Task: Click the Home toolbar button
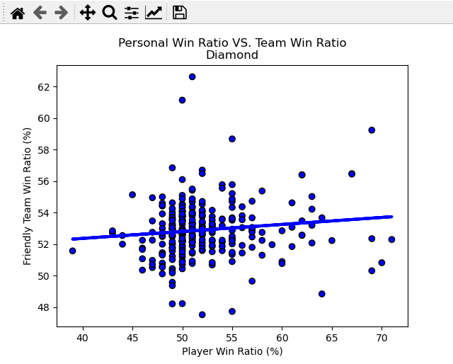click(18, 12)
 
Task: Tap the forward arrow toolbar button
click(62, 12)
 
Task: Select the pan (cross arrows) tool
click(87, 12)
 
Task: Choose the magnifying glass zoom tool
click(109, 12)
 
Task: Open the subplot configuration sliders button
click(132, 12)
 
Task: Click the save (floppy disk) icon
click(180, 12)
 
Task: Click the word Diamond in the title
click(232, 55)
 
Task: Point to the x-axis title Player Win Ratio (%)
click(232, 351)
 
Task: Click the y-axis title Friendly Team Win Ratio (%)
click(28, 196)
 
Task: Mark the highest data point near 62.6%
click(192, 76)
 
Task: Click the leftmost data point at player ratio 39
click(72, 251)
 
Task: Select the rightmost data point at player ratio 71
click(391, 239)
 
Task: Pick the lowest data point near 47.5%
click(202, 314)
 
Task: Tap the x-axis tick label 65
click(331, 338)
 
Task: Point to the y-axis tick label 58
click(44, 150)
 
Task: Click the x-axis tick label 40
click(82, 338)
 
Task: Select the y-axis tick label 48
click(44, 307)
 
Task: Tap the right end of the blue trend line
click(391, 217)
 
